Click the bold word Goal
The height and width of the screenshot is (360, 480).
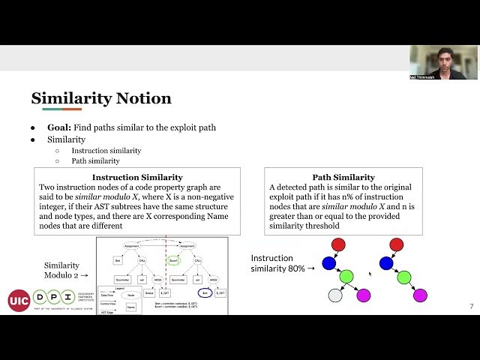click(x=59, y=127)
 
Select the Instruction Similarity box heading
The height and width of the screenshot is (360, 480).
click(x=136, y=177)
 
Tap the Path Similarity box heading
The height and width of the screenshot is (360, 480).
click(x=343, y=177)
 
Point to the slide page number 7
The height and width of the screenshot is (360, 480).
click(x=471, y=306)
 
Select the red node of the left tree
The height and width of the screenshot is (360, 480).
click(x=338, y=244)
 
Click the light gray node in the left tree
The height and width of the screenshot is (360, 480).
click(x=335, y=295)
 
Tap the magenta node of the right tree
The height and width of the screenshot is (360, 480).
click(x=420, y=295)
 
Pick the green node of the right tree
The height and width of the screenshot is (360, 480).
click(x=403, y=277)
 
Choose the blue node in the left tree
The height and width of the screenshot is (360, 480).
click(x=328, y=263)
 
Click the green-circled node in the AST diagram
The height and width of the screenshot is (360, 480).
click(x=174, y=260)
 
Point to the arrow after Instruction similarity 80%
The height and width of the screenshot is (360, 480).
click(x=310, y=268)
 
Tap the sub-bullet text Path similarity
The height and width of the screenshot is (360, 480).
click(x=95, y=160)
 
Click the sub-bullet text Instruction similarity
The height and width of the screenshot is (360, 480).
click(x=106, y=151)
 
